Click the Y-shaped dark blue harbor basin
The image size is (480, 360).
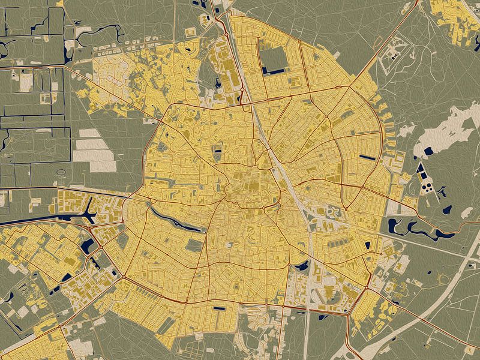pos(90,210)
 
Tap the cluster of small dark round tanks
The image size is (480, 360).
pos(428,188)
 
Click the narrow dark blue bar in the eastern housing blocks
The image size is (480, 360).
pos(367,157)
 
